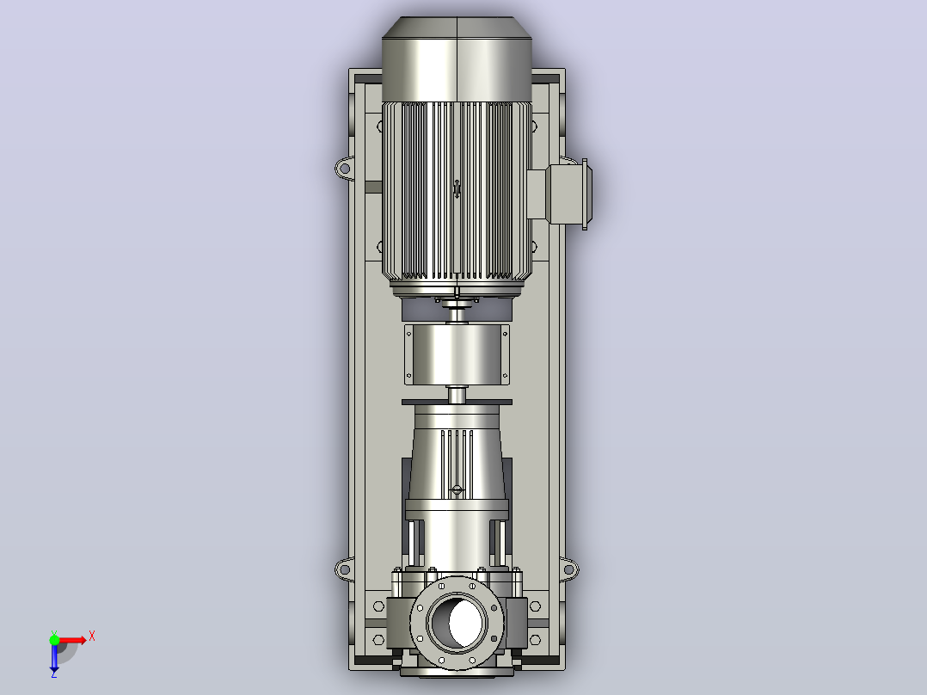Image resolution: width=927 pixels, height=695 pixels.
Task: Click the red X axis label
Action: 92,637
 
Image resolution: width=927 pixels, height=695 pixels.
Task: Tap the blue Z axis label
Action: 54,673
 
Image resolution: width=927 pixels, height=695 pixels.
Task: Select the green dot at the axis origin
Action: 54,640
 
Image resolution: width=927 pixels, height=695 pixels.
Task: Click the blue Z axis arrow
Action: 54,655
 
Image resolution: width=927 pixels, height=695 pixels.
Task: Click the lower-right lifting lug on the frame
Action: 568,570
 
